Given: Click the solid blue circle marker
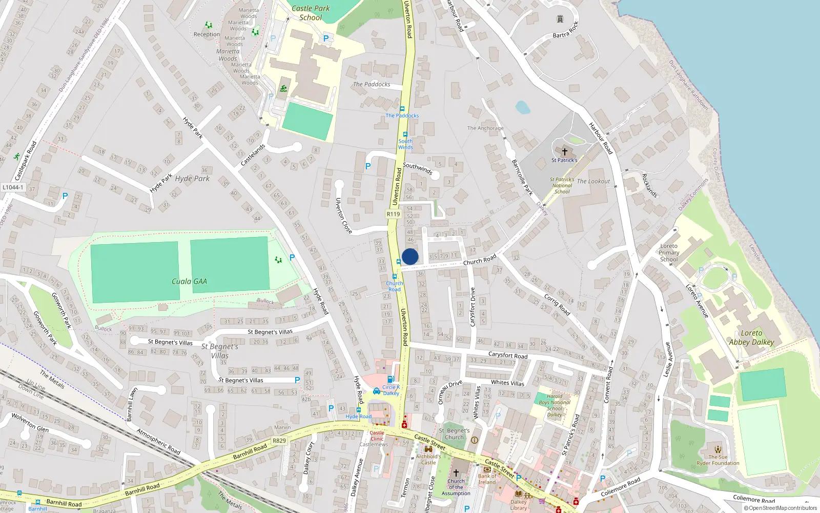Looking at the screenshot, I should coord(410,256).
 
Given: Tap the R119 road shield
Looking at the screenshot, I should coord(393,214).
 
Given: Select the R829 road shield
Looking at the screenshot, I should coord(279,441).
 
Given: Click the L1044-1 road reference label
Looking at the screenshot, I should coord(13,187).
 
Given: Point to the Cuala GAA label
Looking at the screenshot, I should coord(189,281).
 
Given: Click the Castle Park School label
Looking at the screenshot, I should coord(311,13).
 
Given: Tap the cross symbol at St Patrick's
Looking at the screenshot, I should coord(564,152).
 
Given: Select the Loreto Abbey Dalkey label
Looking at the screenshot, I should coord(751,338).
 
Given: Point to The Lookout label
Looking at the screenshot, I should coord(593,181).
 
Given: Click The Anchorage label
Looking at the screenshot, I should coord(485,128).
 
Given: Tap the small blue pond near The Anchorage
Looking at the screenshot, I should coord(522,107).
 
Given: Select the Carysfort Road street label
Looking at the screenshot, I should coord(507,354).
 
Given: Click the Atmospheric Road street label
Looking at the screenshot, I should coord(158,441).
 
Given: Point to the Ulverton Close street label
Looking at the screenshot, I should coord(343,215).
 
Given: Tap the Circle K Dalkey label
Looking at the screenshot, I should coord(391,390).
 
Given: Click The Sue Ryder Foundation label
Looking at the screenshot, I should coord(717,460).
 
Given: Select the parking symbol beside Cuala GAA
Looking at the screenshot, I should coord(292,258).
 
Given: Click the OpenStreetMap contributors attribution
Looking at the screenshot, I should coord(780,508).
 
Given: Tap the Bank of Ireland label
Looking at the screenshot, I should coord(487,479).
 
